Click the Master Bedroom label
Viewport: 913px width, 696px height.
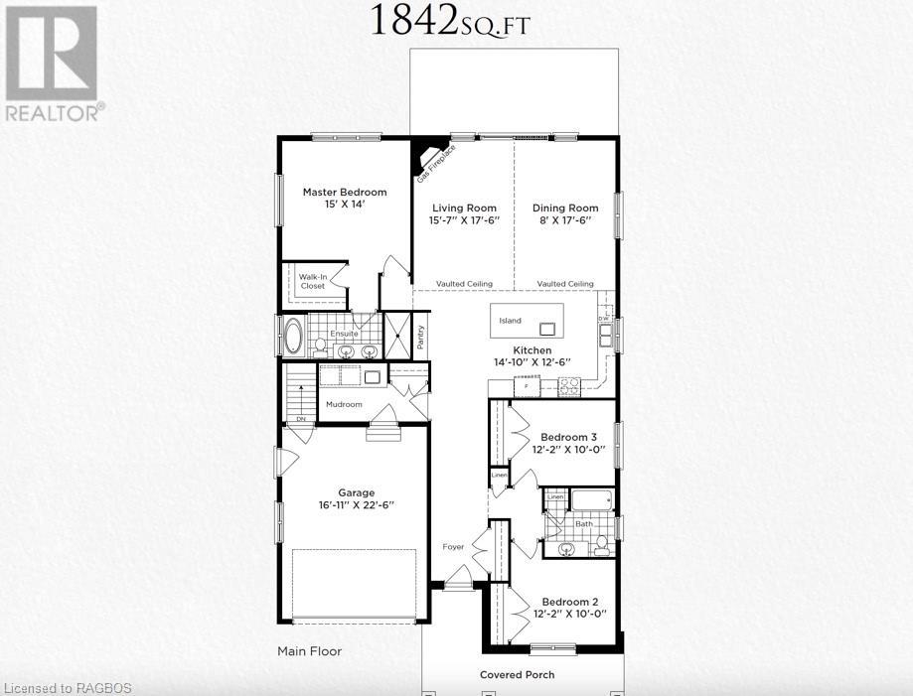345,192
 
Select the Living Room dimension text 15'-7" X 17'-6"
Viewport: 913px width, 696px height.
464,219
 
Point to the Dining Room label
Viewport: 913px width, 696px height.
565,208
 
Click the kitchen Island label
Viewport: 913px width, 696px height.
510,321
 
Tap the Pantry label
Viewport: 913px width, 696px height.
421,337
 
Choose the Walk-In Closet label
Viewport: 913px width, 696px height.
313,280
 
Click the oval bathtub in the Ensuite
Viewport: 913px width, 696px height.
293,336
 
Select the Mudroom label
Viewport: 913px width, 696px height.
345,404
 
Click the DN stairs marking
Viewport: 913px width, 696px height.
300,419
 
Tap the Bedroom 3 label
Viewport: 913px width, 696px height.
568,437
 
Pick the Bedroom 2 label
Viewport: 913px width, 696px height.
568,602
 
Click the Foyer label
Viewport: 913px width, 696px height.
453,546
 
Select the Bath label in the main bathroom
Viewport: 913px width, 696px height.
584,523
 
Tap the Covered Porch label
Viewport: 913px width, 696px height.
517,674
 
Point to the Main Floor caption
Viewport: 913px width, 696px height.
309,652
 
